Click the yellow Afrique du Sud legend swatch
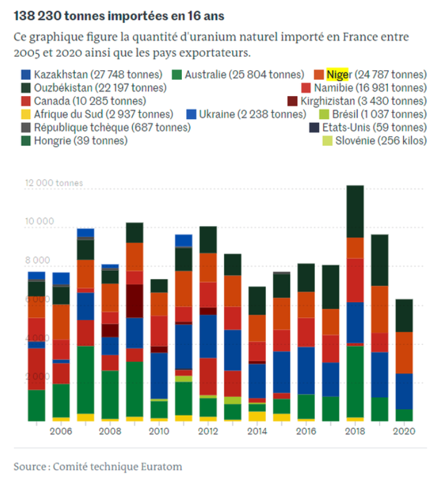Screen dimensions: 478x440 point(26,114)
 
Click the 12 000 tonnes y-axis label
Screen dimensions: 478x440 point(53,182)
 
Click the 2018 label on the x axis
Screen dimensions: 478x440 point(355,431)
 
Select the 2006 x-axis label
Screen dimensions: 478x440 point(61,431)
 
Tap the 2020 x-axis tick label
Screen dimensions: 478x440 point(404,431)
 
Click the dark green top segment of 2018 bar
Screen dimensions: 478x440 point(355,211)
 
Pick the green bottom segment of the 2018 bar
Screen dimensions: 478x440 point(355,381)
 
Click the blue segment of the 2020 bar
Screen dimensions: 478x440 point(404,391)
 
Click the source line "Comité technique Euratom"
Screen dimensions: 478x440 point(98,467)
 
